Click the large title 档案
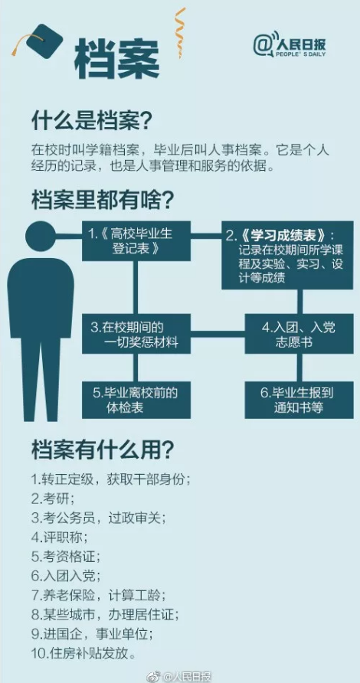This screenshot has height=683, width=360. coord(116,60)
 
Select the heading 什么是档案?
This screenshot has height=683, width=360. coord(91,123)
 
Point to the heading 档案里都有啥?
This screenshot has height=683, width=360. coord(103,201)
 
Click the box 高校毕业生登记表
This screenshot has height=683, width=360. coord(136,241)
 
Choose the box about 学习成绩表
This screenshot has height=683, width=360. coord(287,255)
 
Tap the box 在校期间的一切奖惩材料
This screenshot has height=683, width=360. coord(136,334)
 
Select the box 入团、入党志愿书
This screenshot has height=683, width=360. coord(299,334)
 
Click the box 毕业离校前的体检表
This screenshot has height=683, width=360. coord(136,400)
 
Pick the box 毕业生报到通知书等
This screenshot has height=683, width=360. coord(299,400)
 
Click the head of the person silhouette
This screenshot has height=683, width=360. coord(41,237)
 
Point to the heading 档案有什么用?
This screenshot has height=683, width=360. coord(103,450)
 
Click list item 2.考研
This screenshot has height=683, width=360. coord(53,498)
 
